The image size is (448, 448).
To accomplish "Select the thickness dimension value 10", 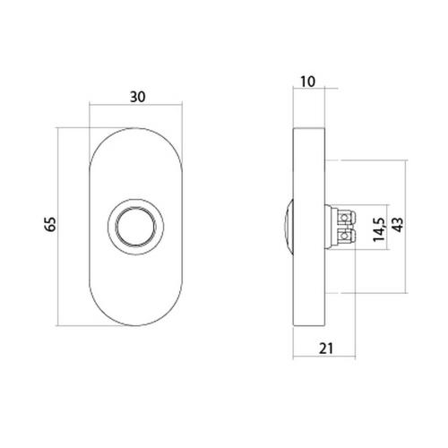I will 309,82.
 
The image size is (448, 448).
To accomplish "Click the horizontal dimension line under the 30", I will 137,107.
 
